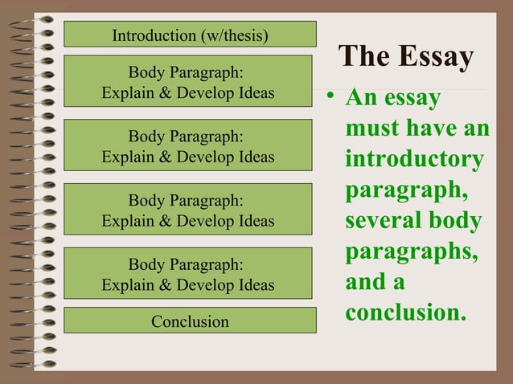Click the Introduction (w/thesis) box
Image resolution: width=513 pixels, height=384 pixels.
pos(190,35)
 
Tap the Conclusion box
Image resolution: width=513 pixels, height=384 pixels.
pos(190,321)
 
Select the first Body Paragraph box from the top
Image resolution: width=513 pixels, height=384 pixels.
pos(187,82)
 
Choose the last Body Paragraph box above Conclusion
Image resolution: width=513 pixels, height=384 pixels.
pos(187,274)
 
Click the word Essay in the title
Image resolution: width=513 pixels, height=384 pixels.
pos(435,58)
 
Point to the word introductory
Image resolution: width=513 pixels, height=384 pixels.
pos(414,159)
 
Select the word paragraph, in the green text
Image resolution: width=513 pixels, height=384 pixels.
pos(406,190)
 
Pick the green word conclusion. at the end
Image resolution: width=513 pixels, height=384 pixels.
pos(405,312)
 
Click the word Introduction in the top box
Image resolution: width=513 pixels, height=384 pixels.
pos(150,35)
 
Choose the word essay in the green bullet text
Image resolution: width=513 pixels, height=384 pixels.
pos(414,99)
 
